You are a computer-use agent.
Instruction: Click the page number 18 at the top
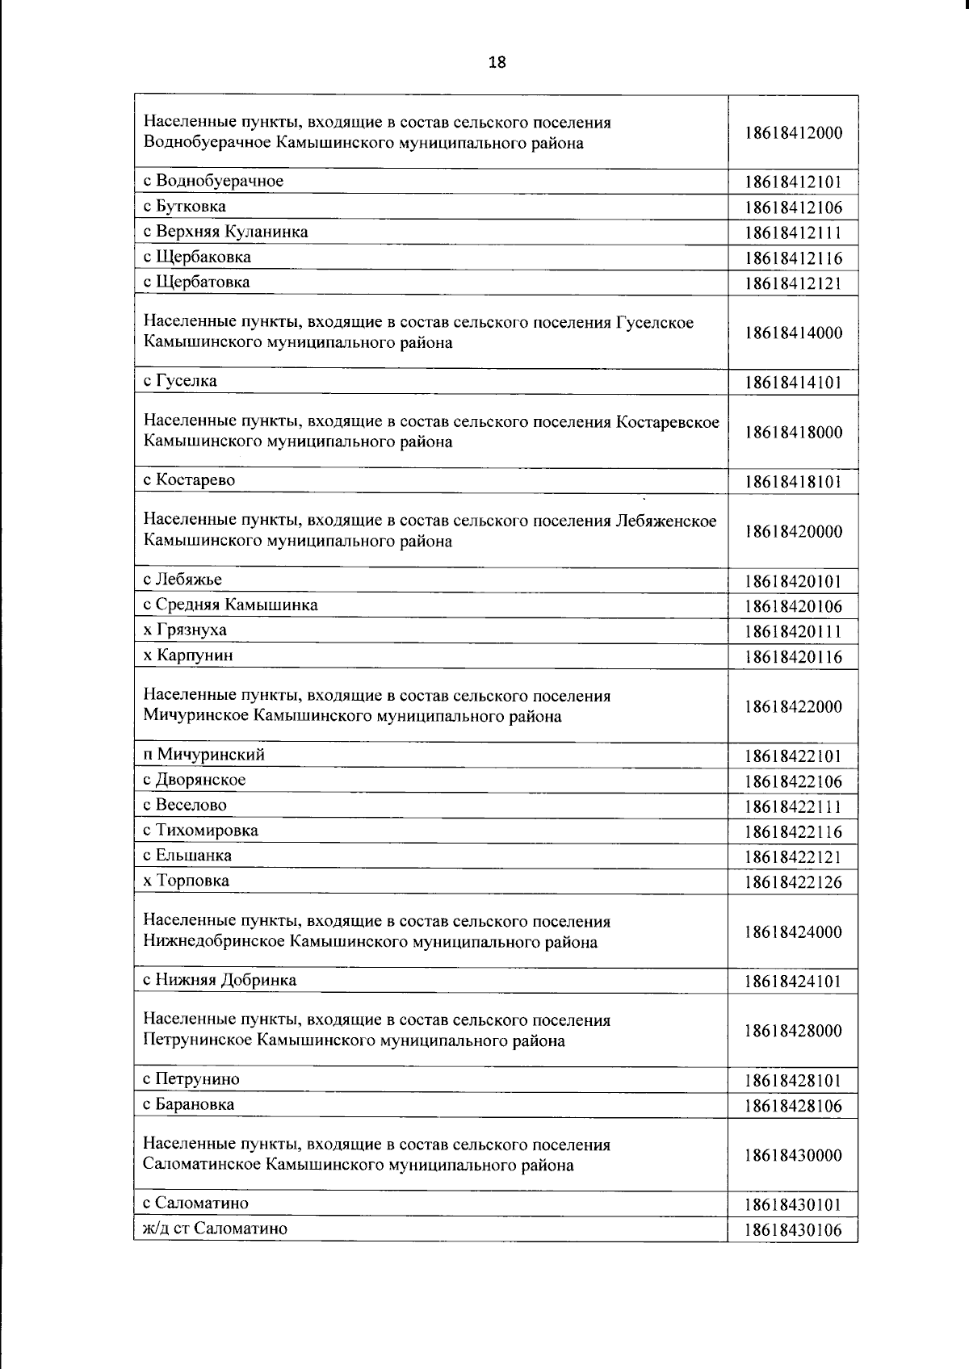pyautogui.click(x=497, y=62)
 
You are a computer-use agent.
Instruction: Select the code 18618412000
pyautogui.click(x=794, y=133)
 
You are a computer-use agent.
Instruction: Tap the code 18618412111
pyautogui.click(x=794, y=233)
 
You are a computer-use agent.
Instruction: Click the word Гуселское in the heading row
pyautogui.click(x=655, y=323)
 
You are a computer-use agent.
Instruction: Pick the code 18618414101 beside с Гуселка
pyautogui.click(x=794, y=383)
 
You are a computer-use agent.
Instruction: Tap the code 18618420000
pyautogui.click(x=794, y=532)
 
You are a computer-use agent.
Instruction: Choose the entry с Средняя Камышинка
pyautogui.click(x=230, y=605)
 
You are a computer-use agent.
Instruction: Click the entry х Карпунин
pyautogui.click(x=188, y=655)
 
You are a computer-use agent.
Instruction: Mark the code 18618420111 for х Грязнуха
pyautogui.click(x=794, y=632)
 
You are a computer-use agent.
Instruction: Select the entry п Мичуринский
pyautogui.click(x=203, y=756)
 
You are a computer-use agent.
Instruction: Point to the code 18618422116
pyautogui.click(x=794, y=832)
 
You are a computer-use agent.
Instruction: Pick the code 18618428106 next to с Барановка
pyautogui.click(x=794, y=1107)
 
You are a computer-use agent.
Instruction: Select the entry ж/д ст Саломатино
pyautogui.click(x=215, y=1229)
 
